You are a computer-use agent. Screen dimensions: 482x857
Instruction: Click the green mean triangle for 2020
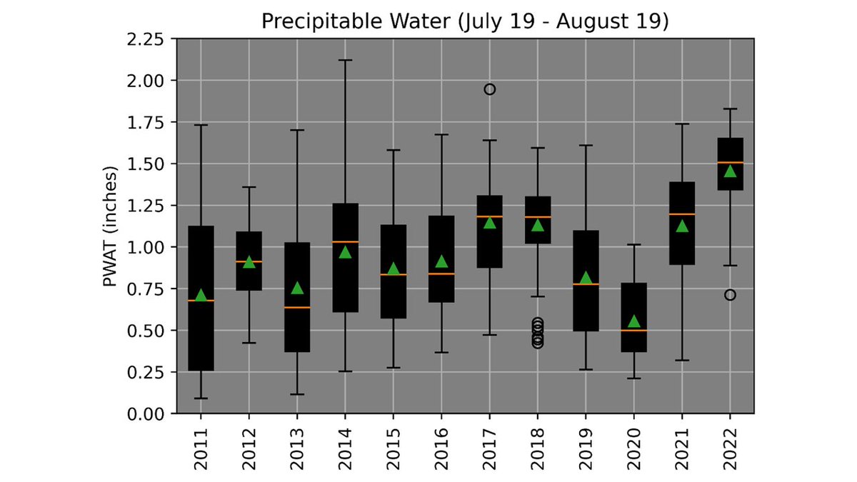pos(633,321)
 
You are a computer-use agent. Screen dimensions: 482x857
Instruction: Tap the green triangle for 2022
pos(730,171)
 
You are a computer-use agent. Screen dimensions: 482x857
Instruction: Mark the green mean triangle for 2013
pos(297,288)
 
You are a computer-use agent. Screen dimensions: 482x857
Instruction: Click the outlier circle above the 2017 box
pos(489,89)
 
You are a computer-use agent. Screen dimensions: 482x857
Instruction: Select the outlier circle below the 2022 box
pos(730,295)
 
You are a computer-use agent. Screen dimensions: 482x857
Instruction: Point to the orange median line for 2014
pos(345,242)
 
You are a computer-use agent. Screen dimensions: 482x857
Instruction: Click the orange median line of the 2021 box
pos(682,214)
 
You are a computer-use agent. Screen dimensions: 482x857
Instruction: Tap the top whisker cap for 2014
pos(345,60)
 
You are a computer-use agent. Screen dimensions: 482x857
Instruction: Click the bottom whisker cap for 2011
pos(201,398)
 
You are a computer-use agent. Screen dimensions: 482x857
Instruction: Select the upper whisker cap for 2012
pos(249,187)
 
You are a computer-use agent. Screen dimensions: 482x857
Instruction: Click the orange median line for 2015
pos(394,275)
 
